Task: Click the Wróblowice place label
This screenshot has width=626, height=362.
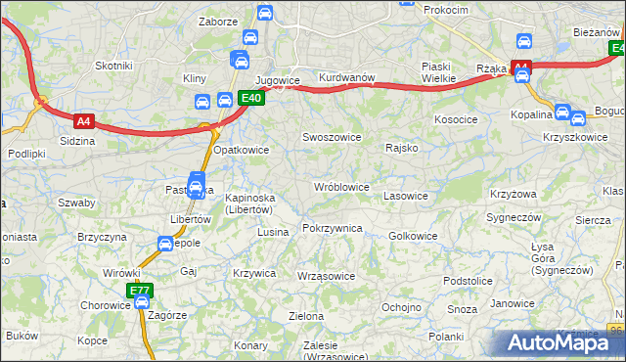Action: (x=341, y=187)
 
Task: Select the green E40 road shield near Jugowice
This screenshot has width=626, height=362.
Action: (x=250, y=98)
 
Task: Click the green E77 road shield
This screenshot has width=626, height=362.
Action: (x=140, y=290)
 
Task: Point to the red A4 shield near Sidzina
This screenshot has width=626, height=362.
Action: (x=84, y=121)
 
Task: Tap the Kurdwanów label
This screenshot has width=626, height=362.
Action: (x=347, y=77)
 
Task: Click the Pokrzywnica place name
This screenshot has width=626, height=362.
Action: (x=333, y=228)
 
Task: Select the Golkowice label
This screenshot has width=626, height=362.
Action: (x=413, y=236)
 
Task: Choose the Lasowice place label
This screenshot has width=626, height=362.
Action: (x=406, y=196)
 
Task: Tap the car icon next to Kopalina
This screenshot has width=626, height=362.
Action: (x=562, y=113)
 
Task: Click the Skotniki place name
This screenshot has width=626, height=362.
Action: (x=113, y=66)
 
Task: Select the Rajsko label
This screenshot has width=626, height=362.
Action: (x=402, y=148)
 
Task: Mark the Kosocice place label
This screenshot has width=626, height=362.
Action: (x=455, y=118)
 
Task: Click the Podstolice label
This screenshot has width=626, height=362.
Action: (x=467, y=281)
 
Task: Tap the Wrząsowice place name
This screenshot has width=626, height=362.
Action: (x=326, y=276)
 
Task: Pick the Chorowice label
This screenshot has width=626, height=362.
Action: (x=106, y=304)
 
